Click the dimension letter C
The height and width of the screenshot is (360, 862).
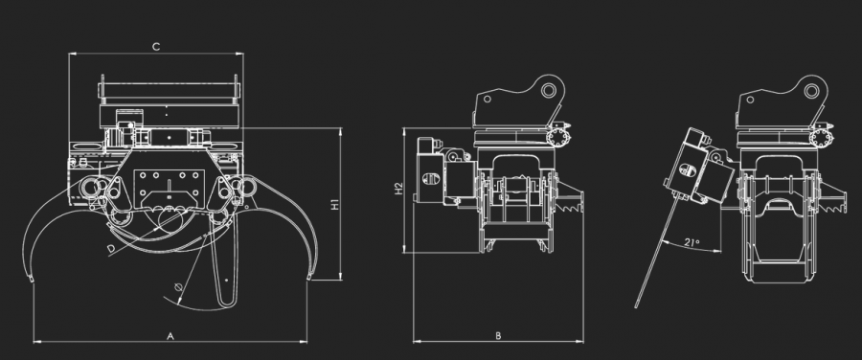point(156,47)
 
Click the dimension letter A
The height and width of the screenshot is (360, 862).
point(170,336)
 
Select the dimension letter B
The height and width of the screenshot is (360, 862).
point(498,336)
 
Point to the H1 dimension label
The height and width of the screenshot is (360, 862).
point(334,205)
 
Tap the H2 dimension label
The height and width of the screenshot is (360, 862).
point(399,189)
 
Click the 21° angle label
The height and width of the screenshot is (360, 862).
point(692,242)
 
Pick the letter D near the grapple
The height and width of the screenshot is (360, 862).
point(112,249)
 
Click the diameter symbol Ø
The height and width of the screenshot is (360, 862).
point(177,286)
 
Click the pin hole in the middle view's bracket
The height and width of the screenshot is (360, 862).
point(548,90)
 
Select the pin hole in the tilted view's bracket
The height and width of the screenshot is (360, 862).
point(811,90)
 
